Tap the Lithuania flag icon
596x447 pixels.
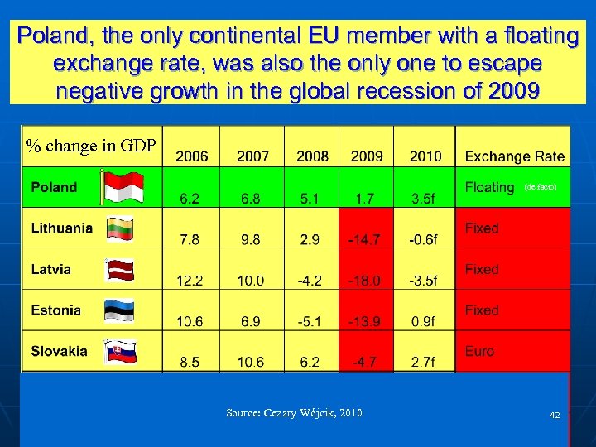(x=120, y=228)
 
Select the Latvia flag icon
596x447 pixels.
(x=120, y=270)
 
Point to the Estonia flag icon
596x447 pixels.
(x=119, y=310)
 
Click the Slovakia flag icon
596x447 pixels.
(x=120, y=352)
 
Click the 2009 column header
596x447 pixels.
(x=367, y=156)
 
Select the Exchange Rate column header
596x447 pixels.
(x=515, y=156)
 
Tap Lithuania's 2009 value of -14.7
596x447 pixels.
(x=364, y=239)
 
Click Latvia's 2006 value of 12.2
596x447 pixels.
(x=190, y=281)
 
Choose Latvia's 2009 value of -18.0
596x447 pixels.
(x=364, y=281)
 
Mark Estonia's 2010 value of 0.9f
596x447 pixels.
(x=423, y=321)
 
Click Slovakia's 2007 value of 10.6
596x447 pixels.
(x=249, y=362)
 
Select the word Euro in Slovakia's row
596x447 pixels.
(x=479, y=351)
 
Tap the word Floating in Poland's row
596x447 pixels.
(x=489, y=187)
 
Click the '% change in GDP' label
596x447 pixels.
(x=91, y=147)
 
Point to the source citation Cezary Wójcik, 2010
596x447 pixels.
(x=294, y=413)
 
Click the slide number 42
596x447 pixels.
(x=554, y=414)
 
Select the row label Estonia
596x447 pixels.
(x=56, y=310)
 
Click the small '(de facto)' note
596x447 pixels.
(x=541, y=188)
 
